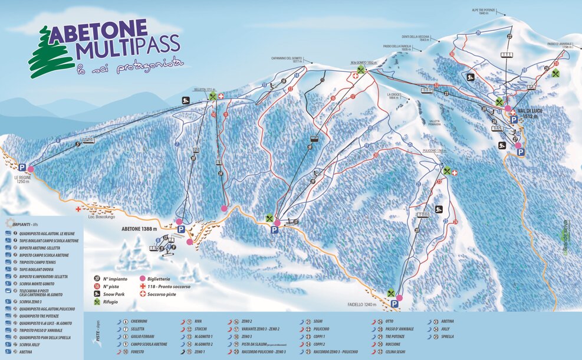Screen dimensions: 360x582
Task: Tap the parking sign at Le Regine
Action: point(22,168)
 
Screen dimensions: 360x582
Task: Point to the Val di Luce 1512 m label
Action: point(531,113)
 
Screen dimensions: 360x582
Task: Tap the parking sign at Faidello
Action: point(393,303)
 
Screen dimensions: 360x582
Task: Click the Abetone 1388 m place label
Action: point(139,228)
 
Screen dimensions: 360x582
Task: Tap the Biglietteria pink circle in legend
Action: point(142,277)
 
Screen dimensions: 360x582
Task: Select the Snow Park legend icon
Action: point(96,293)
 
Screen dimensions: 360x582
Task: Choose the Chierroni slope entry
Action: point(139,321)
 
